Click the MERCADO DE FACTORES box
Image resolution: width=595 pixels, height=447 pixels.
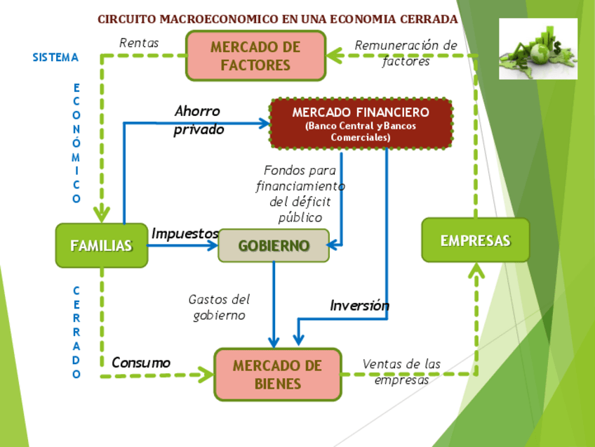coord(255,56)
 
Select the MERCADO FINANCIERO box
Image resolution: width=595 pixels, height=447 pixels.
coord(361,124)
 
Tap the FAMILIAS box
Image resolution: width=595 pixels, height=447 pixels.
coord(101,246)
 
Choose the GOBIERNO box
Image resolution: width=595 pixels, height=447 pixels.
coord(274,246)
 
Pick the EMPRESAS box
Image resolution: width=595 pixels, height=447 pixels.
coord(475,240)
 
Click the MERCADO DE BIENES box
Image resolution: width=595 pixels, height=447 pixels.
coord(277,375)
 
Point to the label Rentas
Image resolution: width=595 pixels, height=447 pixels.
coord(139,43)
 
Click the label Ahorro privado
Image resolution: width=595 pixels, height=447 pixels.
coord(199,120)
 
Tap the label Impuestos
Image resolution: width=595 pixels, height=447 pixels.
coord(185,233)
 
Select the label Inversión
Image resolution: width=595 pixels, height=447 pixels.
coord(359,306)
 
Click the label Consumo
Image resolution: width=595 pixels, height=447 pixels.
coord(141,363)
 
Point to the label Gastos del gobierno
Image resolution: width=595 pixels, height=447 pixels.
coord(219,307)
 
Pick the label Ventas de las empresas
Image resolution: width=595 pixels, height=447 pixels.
coord(401,372)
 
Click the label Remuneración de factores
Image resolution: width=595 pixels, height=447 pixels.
coord(406,53)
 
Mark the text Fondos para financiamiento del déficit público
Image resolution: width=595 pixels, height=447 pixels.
coord(300,193)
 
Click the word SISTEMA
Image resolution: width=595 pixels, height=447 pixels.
coord(55,58)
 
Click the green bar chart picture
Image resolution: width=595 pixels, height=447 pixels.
coord(537,48)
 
